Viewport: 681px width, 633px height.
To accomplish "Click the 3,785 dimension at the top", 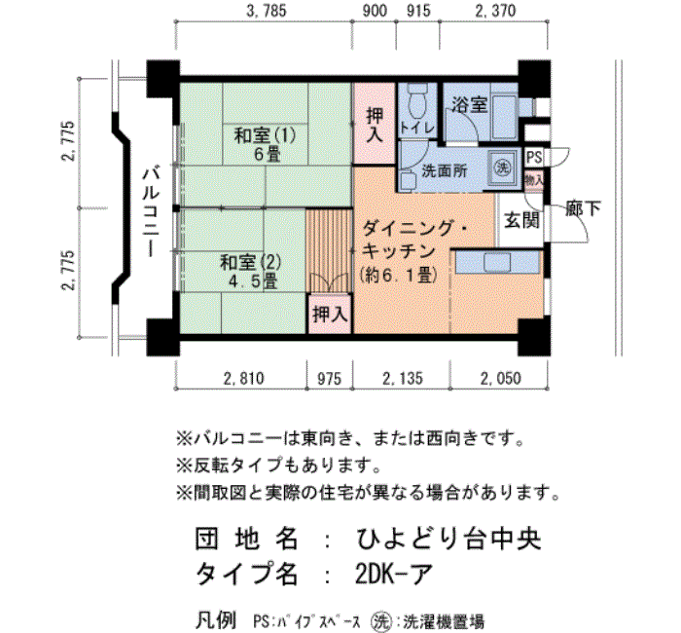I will (x=266, y=13).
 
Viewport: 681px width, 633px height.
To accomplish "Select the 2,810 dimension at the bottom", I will (x=242, y=380).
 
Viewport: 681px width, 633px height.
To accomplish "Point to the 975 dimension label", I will (x=328, y=380).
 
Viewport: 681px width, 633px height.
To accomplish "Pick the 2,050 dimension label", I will (x=498, y=380).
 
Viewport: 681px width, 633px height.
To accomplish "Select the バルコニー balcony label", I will (x=150, y=210).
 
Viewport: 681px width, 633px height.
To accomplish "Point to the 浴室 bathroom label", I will (x=467, y=105).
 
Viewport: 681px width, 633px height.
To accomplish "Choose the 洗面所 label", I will (x=444, y=169).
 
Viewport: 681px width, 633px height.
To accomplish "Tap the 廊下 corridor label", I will (x=583, y=207).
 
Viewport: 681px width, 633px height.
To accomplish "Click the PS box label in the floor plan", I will (x=534, y=157).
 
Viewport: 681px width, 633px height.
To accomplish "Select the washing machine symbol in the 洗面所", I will (x=502, y=167).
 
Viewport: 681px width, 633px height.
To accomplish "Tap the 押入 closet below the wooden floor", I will (x=329, y=314).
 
